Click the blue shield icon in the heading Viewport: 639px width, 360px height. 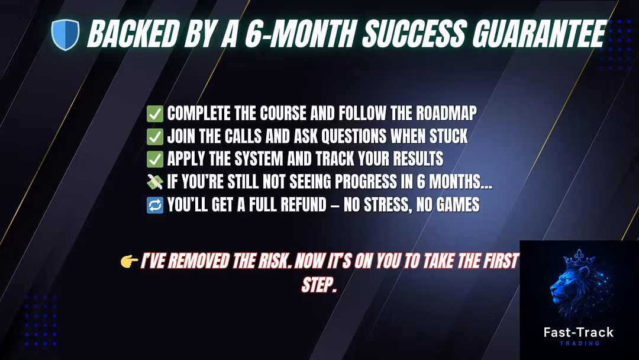coord(65,35)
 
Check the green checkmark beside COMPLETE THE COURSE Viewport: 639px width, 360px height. coord(155,114)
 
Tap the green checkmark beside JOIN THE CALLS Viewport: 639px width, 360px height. coord(155,137)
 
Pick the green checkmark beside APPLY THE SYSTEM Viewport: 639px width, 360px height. coord(155,159)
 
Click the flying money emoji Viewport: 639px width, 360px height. coord(155,182)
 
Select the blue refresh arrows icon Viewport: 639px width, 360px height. coord(155,205)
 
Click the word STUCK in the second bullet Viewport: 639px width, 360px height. coord(448,136)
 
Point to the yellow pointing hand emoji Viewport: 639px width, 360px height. coord(129,261)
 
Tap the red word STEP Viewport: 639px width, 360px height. coord(319,285)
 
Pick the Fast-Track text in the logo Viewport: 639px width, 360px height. coord(579,332)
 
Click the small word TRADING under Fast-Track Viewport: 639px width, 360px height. coord(579,343)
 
